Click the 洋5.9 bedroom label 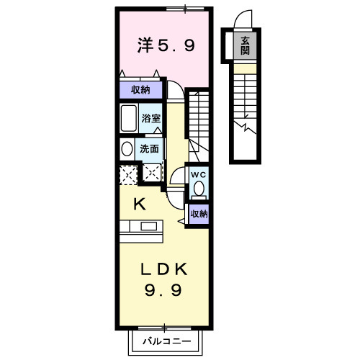pyautogui.click(x=166, y=45)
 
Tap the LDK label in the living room pyautogui.click(x=164, y=269)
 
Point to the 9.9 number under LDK pyautogui.click(x=163, y=290)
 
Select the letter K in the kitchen pyautogui.click(x=140, y=204)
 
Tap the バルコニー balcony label pyautogui.click(x=167, y=341)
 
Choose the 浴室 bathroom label pyautogui.click(x=150, y=118)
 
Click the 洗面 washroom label pyautogui.click(x=149, y=149)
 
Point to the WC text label pyautogui.click(x=199, y=175)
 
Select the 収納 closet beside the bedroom pyautogui.click(x=140, y=90)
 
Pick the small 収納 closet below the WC pyautogui.click(x=199, y=214)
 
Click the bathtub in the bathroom pyautogui.click(x=129, y=118)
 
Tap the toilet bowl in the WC pyautogui.click(x=199, y=189)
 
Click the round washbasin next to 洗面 pyautogui.click(x=127, y=149)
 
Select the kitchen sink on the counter pyautogui.click(x=149, y=226)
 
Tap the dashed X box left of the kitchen pyautogui.click(x=128, y=175)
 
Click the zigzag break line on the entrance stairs pyautogui.click(x=245, y=127)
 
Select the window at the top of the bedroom pyautogui.click(x=185, y=9)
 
